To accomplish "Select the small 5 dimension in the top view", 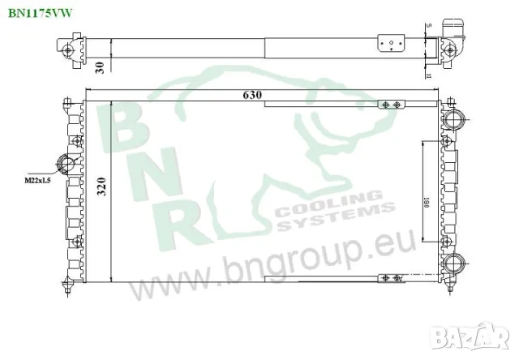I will click(x=427, y=28).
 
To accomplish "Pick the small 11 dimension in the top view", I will click(x=427, y=75).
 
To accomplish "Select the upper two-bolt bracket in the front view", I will click(x=391, y=105).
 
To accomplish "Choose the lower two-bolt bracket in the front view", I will click(x=391, y=280).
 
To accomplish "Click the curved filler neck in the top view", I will click(x=453, y=31).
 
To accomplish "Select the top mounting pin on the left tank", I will click(x=66, y=102).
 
